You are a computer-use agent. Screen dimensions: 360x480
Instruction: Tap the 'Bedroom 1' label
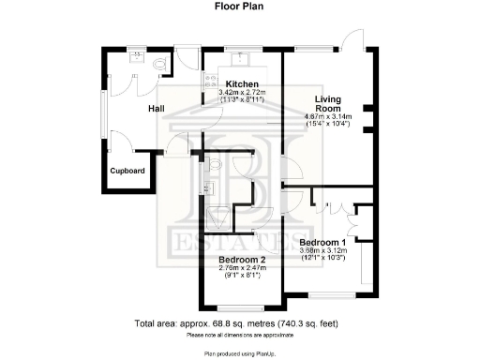pos(329,242)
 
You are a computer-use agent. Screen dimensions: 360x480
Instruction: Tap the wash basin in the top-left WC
pos(137,56)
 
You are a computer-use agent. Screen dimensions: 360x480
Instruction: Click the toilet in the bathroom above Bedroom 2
pos(216,165)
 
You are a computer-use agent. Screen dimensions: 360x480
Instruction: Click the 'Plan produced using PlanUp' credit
pos(239,353)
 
